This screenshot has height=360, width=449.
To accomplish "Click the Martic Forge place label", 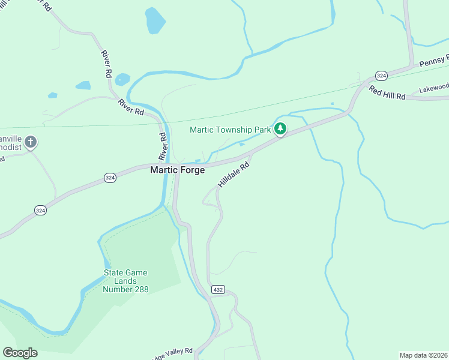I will point(177,170).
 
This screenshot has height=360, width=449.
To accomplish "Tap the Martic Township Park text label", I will point(230,130).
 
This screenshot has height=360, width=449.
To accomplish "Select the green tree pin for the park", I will point(280,128).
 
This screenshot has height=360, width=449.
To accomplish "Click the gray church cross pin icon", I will point(31,142).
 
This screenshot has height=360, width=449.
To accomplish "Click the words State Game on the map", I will point(125,273).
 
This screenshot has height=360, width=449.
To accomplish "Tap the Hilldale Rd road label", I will point(233,175).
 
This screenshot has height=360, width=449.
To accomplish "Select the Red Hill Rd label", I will point(387,92).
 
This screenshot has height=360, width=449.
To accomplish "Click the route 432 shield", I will point(217,290).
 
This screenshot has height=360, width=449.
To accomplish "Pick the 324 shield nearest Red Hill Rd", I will point(381,76).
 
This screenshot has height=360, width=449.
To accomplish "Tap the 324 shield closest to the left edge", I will point(40,210).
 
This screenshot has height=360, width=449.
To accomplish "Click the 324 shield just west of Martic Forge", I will point(110,178).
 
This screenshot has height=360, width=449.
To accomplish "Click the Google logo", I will point(20,353).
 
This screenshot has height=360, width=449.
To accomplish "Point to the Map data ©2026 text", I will point(423,355).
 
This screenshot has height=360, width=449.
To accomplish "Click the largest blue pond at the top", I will point(155,22).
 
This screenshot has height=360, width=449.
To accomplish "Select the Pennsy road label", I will point(434,61).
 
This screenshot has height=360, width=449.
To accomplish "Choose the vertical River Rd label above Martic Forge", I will point(163,146).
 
